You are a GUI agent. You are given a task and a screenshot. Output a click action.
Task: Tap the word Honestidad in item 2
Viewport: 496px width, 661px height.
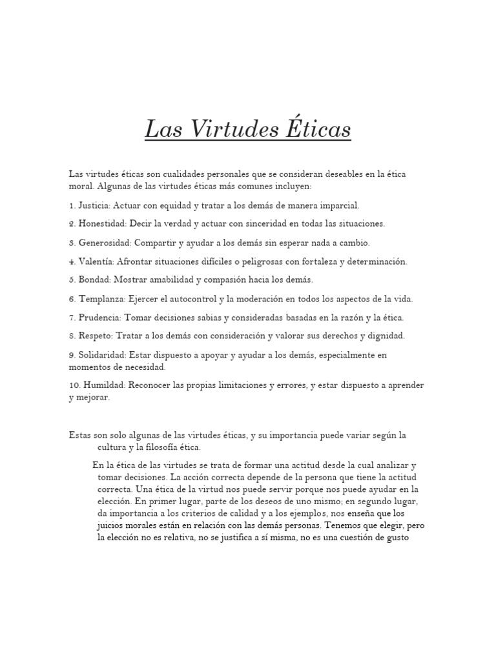(103, 223)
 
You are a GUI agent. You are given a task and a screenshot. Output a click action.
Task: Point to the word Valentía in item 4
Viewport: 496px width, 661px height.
(97, 261)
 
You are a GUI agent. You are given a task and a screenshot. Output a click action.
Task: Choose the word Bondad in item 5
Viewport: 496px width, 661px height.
(94, 280)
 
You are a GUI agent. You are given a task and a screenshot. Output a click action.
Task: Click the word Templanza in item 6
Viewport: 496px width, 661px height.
(102, 299)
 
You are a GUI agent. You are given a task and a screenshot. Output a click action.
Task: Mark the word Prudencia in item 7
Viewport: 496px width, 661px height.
(100, 318)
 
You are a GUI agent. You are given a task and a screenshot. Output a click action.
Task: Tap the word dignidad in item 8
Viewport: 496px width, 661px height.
(385, 336)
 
